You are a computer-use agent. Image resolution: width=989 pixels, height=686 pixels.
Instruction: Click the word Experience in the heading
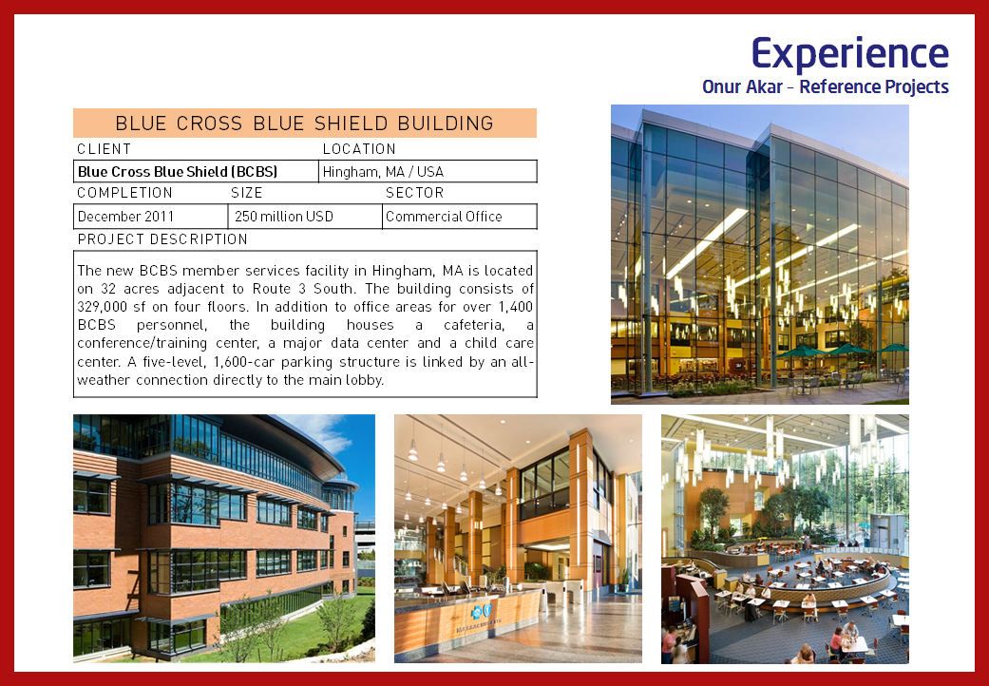pos(849,53)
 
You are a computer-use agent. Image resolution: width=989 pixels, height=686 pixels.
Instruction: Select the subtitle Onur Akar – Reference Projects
pos(825,86)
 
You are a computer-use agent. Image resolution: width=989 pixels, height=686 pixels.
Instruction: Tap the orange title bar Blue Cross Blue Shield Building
pos(305,123)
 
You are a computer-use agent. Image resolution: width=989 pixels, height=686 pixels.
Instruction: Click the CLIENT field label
pos(105,149)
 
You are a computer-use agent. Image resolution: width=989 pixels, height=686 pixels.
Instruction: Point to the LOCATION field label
pos(359,149)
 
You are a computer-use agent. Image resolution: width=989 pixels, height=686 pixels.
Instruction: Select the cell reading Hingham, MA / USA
pos(428,171)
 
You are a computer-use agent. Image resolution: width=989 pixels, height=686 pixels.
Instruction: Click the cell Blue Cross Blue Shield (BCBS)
pos(196,171)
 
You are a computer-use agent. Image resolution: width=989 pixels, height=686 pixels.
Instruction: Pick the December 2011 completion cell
pos(151,217)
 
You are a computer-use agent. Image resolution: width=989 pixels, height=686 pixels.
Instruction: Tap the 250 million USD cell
pos(305,217)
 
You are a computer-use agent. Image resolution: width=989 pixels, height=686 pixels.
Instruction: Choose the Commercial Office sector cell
pos(460,217)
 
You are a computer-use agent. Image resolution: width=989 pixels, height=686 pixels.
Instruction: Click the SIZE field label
pos(247,193)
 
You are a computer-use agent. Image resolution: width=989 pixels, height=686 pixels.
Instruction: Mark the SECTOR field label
pos(414,193)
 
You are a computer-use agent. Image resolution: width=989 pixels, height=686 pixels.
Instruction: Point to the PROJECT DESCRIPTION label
pos(162,239)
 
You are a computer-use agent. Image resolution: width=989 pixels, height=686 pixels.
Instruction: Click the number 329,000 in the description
pos(102,307)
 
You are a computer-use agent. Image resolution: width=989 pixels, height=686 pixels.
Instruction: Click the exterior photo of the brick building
pos(224,539)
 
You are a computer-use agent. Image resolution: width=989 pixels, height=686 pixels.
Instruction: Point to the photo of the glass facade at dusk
pos(759,254)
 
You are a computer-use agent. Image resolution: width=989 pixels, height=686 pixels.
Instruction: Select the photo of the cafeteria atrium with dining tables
pos(785,539)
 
